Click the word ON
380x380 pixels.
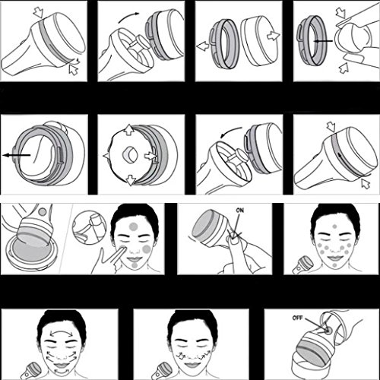coord(239,211)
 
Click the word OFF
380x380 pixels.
coord(297,318)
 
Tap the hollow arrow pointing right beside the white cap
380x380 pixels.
coord(274,36)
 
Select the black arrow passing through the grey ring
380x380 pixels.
coord(323,41)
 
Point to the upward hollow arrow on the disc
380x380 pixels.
coord(130,129)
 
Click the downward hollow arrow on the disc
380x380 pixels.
coord(131,180)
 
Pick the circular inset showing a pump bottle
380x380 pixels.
coord(89,226)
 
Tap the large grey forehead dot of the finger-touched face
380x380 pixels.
coord(133,226)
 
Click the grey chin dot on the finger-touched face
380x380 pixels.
coord(135,265)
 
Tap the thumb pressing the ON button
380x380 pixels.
coord(236,239)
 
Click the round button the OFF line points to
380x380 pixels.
coord(329,330)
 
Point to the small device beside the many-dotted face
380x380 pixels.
coord(300,265)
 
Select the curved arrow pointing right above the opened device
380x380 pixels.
coord(128,17)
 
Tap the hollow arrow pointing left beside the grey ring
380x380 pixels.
coord(203,46)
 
